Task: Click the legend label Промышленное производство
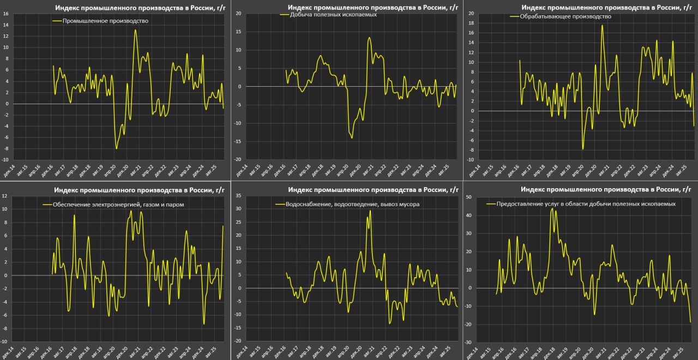105,21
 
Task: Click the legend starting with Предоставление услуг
585,203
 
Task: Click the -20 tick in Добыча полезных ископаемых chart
238,159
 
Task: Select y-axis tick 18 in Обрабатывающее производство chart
470,23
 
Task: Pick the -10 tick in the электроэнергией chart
4,343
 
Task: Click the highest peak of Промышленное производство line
135,30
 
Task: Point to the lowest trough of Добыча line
352,138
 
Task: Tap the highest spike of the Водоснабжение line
370,210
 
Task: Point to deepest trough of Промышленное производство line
116,148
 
